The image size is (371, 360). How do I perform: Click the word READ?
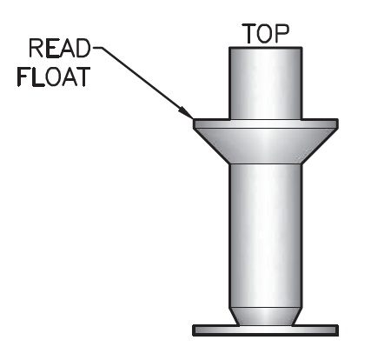[60, 48]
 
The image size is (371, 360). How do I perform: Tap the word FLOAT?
[54, 77]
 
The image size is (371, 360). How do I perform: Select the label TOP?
[266, 34]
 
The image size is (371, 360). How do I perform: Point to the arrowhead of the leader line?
[185, 113]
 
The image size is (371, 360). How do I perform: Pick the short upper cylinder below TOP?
[266, 83]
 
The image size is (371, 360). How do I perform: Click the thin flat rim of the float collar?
[266, 123]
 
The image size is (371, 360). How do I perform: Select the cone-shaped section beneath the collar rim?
[266, 146]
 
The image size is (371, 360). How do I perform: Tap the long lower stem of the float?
[266, 236]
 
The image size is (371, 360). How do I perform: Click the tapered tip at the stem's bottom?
[266, 317]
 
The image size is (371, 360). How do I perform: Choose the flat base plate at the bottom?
[266, 330]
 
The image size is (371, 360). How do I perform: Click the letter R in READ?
[36, 48]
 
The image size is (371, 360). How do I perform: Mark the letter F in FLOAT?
[23, 77]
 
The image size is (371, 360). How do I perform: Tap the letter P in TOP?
[282, 34]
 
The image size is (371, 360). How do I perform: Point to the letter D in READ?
[83, 48]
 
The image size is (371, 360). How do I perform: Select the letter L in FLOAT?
[37, 77]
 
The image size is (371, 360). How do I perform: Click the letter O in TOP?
[265, 34]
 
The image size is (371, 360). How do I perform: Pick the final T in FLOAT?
[84, 77]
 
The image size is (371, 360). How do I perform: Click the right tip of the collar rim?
[338, 123]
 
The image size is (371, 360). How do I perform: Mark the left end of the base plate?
[194, 330]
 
